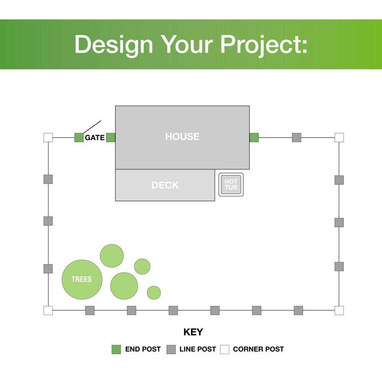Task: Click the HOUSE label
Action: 182,136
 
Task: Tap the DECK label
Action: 165,185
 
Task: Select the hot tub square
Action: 231,185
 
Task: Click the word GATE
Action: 94,138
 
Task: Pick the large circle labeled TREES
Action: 82,280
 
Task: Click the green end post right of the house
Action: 254,138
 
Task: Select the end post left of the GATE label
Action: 79,138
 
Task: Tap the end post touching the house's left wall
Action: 111,138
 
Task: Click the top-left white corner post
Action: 48,138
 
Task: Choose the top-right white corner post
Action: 339,138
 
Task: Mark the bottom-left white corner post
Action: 48,310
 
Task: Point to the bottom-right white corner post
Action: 339,310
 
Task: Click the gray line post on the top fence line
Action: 296,138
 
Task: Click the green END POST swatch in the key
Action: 116,350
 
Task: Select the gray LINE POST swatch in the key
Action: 171,350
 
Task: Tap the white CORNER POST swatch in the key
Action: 225,350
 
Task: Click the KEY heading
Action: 193,332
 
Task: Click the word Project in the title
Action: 264,45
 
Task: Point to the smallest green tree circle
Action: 154,293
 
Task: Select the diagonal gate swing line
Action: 92,127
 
